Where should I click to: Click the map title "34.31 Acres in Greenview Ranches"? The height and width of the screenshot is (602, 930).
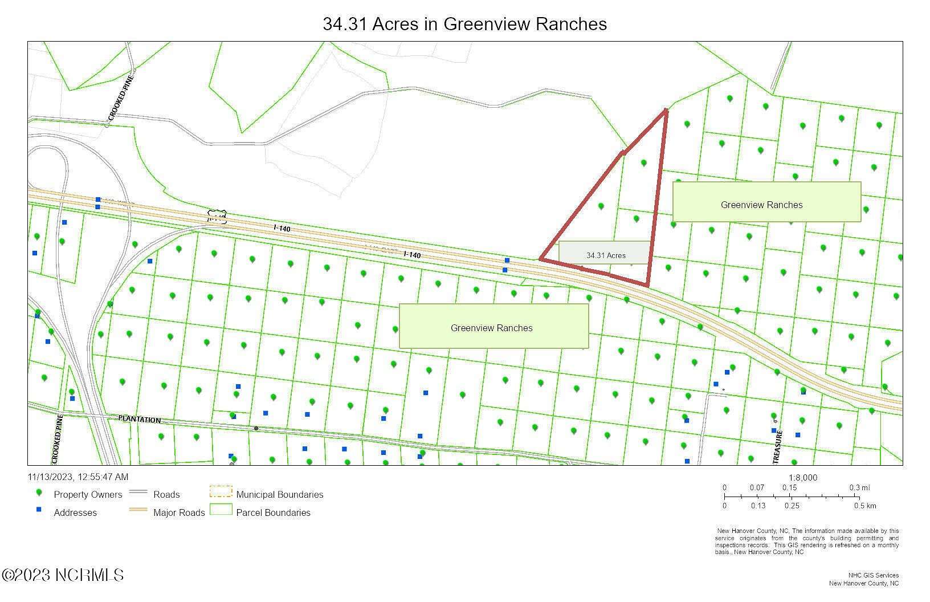pyautogui.click(x=464, y=24)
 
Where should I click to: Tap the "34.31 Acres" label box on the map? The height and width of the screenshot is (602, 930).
pyautogui.click(x=606, y=255)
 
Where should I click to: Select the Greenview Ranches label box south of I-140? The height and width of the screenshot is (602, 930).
pyautogui.click(x=493, y=326)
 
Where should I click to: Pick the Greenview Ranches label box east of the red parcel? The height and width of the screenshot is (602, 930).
pyautogui.click(x=766, y=202)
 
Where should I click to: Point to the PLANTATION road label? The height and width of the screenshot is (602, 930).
pyautogui.click(x=140, y=420)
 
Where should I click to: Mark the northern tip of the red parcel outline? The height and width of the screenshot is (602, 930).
pyautogui.click(x=666, y=111)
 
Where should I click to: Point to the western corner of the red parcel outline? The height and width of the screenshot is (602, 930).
pyautogui.click(x=541, y=259)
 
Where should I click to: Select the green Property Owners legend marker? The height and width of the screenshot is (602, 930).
pyautogui.click(x=39, y=493)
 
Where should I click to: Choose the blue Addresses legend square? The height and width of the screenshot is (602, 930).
pyautogui.click(x=39, y=510)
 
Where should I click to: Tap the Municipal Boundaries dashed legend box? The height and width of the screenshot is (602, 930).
pyautogui.click(x=221, y=491)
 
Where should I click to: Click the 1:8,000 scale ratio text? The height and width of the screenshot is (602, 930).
pyautogui.click(x=802, y=478)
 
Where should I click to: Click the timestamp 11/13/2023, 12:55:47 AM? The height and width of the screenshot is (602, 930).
pyautogui.click(x=78, y=477)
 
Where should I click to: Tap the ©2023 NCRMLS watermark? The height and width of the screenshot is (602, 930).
pyautogui.click(x=63, y=575)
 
